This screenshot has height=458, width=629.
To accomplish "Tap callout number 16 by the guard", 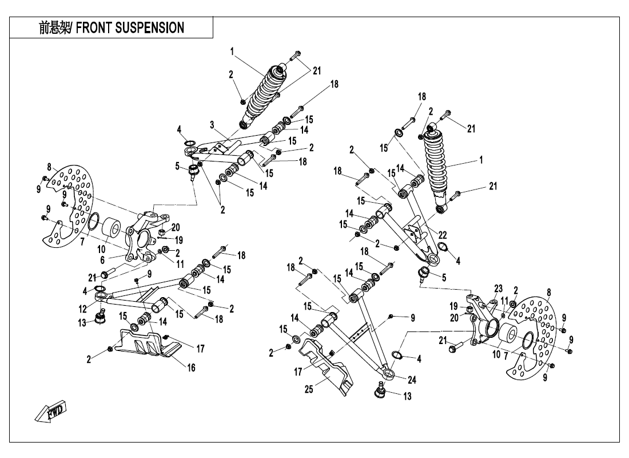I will (x=192, y=368).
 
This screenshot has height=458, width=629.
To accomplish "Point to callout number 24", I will (x=412, y=378).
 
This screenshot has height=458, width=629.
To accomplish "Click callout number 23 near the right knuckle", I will (x=497, y=288).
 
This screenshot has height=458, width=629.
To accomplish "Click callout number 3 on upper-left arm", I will (x=212, y=124).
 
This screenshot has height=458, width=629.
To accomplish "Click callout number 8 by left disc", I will (x=49, y=167).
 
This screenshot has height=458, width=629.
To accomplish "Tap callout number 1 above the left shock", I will (x=232, y=51).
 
